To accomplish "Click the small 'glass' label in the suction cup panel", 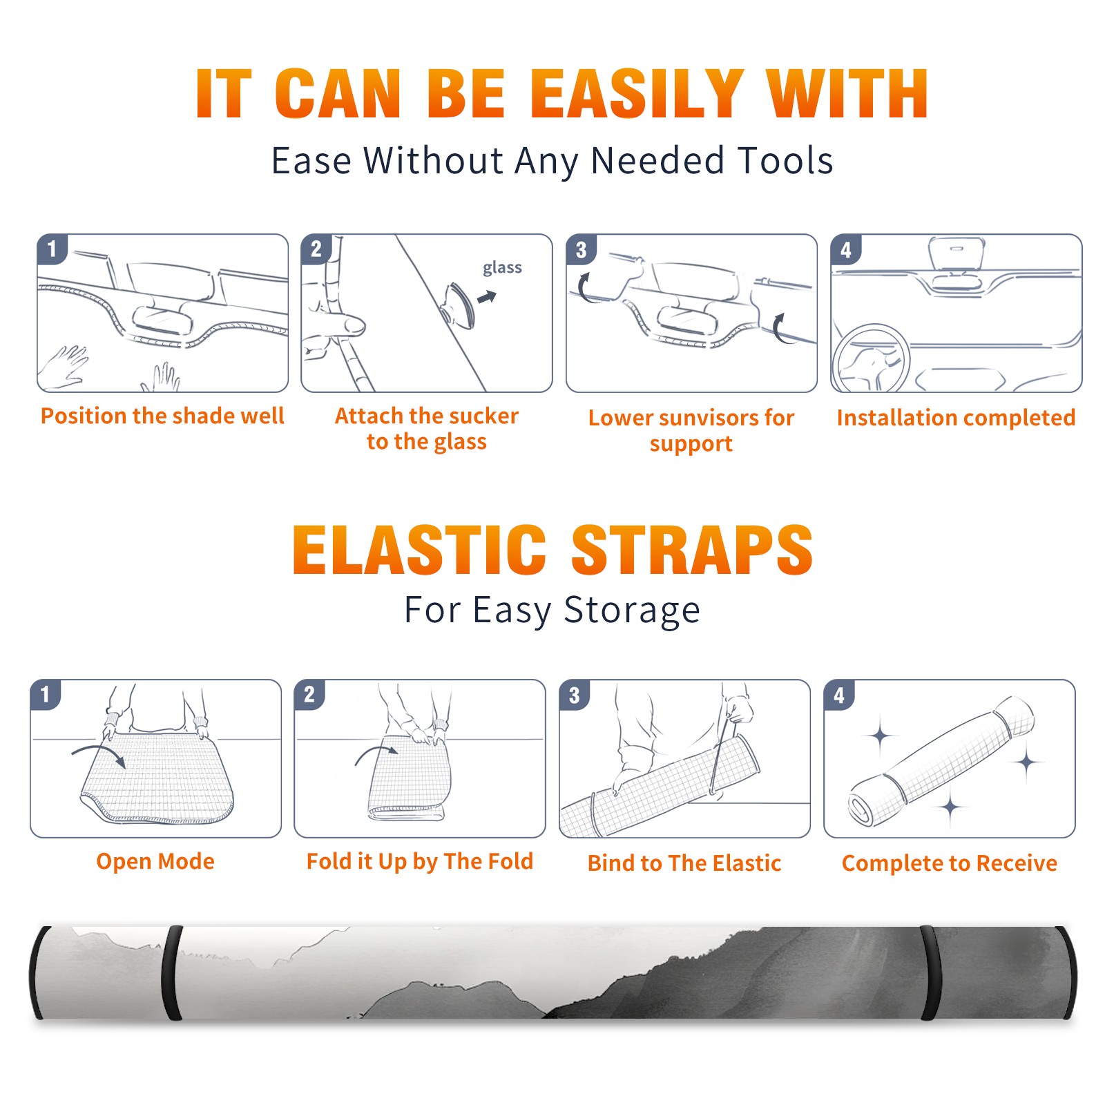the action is pyautogui.click(x=502, y=268).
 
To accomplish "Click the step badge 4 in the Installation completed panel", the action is pyautogui.click(x=845, y=249).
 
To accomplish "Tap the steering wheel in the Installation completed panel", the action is pyautogui.click(x=871, y=358).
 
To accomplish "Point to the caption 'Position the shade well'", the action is pyautogui.click(x=162, y=416).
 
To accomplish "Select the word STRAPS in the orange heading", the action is pyautogui.click(x=692, y=550).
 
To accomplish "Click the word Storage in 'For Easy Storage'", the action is pyautogui.click(x=632, y=611).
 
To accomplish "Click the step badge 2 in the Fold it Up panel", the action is pyautogui.click(x=309, y=695).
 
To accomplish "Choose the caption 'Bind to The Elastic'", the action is pyautogui.click(x=684, y=863).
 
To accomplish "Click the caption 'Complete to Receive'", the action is pyautogui.click(x=950, y=863).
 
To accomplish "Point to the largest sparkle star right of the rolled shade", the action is pyautogui.click(x=1027, y=762).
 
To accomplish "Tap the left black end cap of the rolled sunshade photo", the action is pyautogui.click(x=39, y=972).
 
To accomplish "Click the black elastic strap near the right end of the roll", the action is pyautogui.click(x=930, y=972).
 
